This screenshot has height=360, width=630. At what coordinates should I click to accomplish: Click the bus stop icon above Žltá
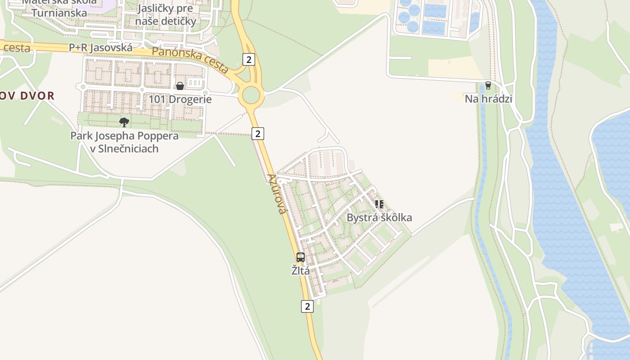coord(301,257)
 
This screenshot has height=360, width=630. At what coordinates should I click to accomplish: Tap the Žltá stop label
coord(301,270)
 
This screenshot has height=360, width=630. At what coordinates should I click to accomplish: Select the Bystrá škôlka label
coord(379,218)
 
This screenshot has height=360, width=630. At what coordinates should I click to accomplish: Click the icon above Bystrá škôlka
coord(379,204)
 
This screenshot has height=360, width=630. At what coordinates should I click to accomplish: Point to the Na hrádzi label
coord(488,99)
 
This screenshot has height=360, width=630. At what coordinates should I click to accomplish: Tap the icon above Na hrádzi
coord(488,85)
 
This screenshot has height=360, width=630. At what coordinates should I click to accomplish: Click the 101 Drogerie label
coord(180,99)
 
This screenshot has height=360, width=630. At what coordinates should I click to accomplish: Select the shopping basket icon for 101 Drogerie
coord(180,85)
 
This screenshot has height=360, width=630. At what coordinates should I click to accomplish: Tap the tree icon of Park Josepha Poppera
coord(124,122)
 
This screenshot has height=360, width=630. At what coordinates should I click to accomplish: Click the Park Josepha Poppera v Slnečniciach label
coord(124,142)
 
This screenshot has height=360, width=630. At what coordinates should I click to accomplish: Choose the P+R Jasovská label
coord(101,48)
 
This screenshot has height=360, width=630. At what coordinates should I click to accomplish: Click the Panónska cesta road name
coord(190,59)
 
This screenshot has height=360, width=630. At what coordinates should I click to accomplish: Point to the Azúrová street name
coord(277,193)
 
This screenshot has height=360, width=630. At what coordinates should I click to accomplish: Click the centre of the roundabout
coord(251,95)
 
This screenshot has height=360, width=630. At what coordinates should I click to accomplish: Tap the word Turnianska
coord(59,13)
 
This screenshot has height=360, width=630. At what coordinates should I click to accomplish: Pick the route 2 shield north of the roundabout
coord(248,59)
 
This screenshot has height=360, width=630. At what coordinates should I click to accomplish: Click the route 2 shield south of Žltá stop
coord(307,306)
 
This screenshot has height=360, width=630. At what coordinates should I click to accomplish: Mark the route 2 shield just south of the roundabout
coord(257,133)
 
